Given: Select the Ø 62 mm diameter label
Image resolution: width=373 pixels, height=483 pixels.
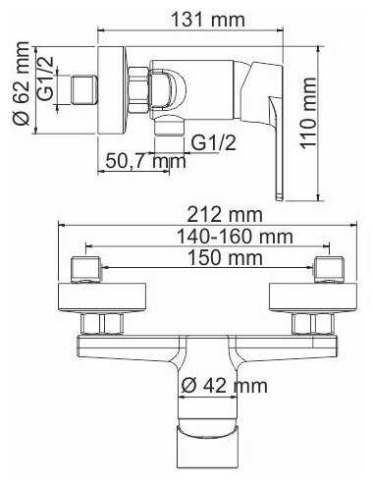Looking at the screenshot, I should point(23,89).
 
